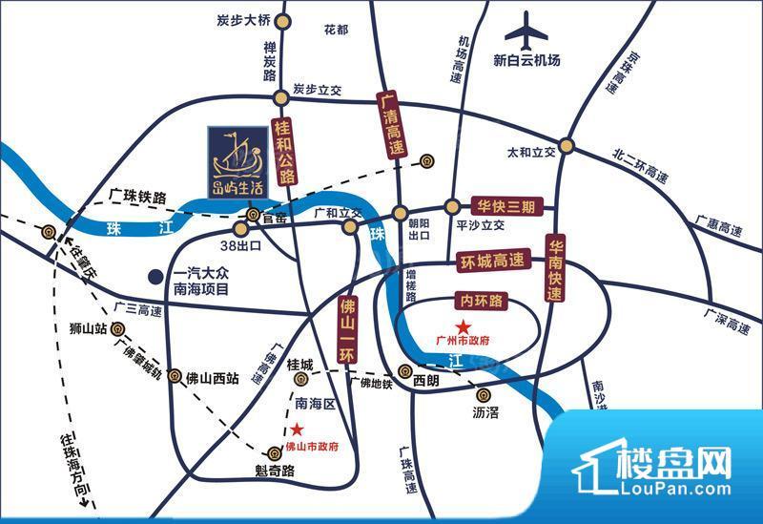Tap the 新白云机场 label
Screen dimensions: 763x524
tap(526, 60)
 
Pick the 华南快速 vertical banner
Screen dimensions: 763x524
tap(557, 269)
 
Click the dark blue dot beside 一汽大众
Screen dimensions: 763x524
tap(154, 278)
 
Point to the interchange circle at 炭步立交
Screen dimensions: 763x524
tap(279, 96)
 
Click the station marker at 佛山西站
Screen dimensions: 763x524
tap(174, 376)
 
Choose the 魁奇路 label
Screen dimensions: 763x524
tap(274, 471)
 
